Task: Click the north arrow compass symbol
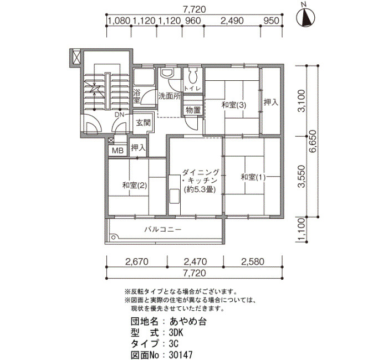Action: pos(307,17)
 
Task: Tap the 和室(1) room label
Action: pos(253,177)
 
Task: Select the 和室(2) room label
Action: pos(135,185)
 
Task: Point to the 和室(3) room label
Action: pos(234,105)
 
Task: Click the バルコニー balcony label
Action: pos(163,229)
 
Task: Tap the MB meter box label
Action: pos(118,150)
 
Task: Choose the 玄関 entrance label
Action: pos(143,122)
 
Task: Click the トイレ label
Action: pos(192,88)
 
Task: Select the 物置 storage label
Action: pos(193,110)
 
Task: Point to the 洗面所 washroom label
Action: pos(169,96)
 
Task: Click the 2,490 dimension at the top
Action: pos(232,21)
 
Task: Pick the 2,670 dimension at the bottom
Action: pos(137,261)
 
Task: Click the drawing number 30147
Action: pos(181,355)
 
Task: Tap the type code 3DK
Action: pos(176,332)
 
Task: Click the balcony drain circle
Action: pos(114,238)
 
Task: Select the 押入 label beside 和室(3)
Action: pos(271,102)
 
